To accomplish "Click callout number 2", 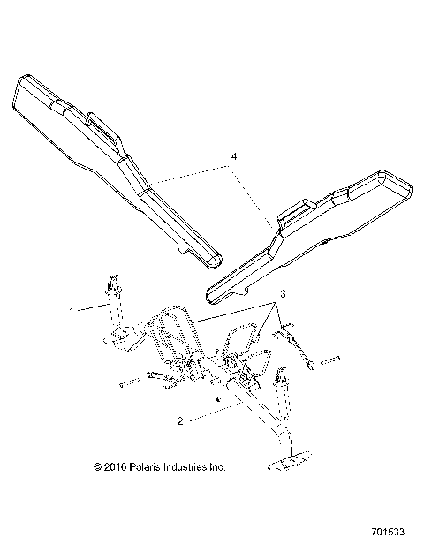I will click(x=180, y=422).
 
